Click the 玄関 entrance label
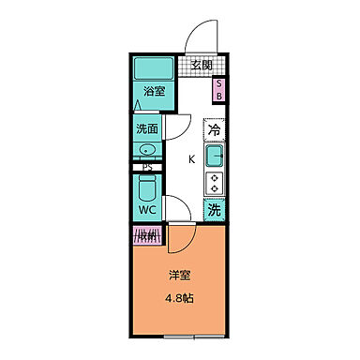pos(201,65)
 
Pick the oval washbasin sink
pos(147,150)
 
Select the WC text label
pos(147,209)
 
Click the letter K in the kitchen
pos(191,158)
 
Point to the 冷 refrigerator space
pos(215,131)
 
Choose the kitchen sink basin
pos(215,154)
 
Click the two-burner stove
pos(215,182)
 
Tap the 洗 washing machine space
pos(215,211)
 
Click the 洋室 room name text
pos(180,276)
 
